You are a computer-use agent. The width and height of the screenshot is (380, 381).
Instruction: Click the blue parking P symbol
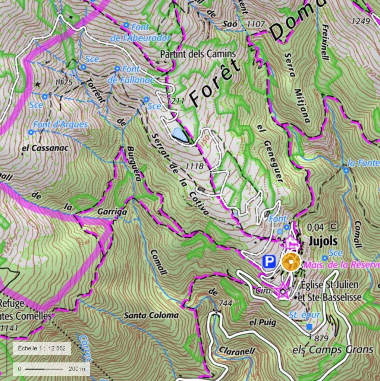coord(268,262)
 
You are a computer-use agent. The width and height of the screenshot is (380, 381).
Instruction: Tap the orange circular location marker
coord(291,262)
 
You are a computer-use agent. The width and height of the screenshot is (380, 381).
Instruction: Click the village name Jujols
coord(323,241)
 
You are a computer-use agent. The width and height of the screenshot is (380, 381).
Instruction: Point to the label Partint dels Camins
coord(198,54)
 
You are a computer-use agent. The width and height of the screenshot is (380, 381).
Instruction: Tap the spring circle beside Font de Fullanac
coord(117,69)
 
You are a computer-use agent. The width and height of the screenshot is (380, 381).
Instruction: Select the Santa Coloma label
coord(151,315)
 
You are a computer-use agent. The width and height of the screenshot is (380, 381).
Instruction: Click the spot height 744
coord(225,303)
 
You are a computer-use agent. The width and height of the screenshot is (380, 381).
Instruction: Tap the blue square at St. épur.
coord(309,327)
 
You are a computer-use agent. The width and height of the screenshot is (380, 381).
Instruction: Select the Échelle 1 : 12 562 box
coord(41,349)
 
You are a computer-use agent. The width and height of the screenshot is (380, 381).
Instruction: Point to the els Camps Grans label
coord(333,349)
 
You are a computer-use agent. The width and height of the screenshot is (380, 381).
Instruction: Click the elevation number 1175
coord(63,82)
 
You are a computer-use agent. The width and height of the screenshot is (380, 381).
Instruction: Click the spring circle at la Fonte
coord(346,170)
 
